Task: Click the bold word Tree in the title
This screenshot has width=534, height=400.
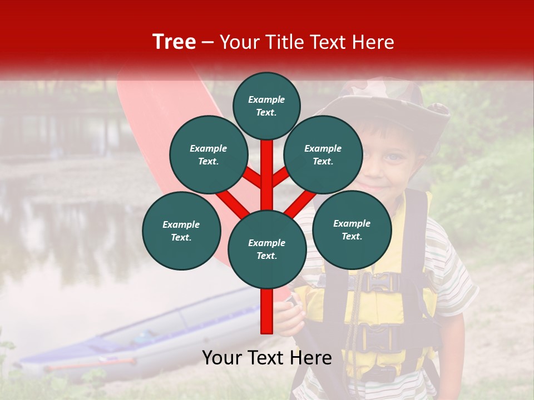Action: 174,42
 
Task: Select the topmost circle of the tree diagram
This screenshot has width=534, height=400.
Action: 266,106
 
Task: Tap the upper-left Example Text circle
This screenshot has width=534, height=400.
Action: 209,154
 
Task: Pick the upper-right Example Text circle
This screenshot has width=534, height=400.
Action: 323,154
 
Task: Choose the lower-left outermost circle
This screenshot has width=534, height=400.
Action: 181,231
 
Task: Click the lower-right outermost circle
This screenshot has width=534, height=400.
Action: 352,229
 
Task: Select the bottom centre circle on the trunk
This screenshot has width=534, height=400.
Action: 267,249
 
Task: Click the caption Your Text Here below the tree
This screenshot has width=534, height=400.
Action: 267,358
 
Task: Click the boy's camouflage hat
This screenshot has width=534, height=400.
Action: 389,100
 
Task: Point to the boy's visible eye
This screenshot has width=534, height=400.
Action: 393,158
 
